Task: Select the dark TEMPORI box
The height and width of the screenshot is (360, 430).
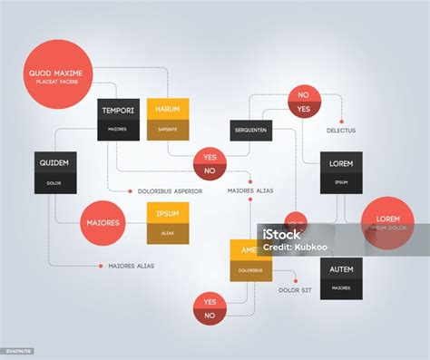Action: [x=119, y=120]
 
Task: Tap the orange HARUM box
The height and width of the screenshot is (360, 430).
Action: [x=167, y=120]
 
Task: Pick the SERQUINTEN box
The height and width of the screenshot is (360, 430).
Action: [x=251, y=131]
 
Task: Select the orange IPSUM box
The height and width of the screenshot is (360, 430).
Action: [x=167, y=223]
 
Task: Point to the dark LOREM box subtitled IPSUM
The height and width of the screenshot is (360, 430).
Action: [x=341, y=172]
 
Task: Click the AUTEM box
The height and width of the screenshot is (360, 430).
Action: [x=341, y=277]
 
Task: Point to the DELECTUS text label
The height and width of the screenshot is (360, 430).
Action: [x=341, y=131]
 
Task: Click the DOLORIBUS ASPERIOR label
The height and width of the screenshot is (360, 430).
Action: [x=170, y=191]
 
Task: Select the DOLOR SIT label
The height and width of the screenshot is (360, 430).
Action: [x=296, y=290]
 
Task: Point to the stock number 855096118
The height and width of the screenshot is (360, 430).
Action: [x=17, y=350]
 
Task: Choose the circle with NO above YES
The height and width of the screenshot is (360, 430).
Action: [x=303, y=102]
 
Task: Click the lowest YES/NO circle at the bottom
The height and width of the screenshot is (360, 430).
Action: [x=210, y=308]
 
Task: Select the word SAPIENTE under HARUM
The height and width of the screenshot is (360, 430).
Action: [x=167, y=130]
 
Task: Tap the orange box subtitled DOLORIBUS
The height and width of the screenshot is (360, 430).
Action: [x=250, y=259]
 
